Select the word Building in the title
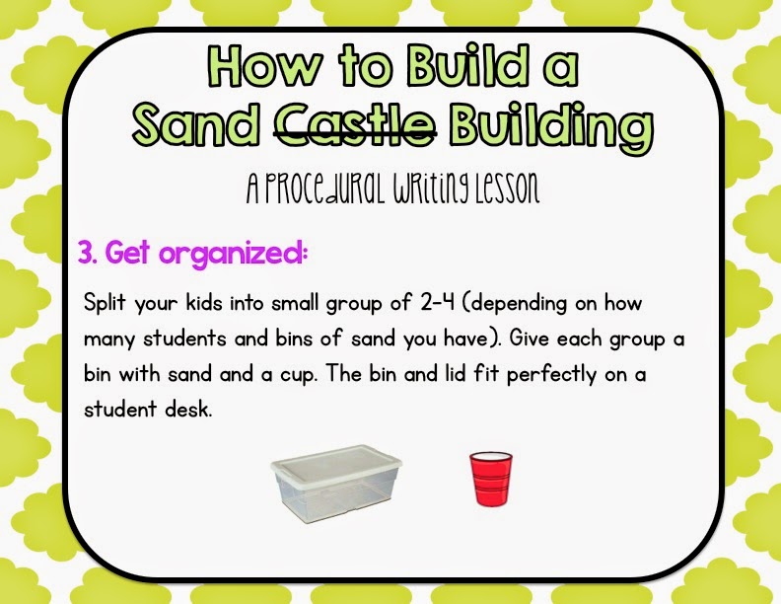[x=550, y=125]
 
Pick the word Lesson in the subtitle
[x=498, y=189]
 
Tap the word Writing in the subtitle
[x=414, y=189]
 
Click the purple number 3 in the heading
[x=85, y=253]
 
